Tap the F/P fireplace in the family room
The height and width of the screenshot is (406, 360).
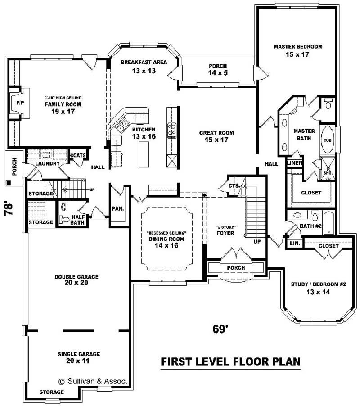coord(19,103)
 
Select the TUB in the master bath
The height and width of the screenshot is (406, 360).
coord(327,140)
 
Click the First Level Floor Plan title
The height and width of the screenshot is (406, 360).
coord(230,362)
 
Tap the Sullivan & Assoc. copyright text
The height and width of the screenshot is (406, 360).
coord(93,381)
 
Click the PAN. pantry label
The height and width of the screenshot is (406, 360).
coord(117,209)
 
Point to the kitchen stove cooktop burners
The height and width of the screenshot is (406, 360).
coord(172,130)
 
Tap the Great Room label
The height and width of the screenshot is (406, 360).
coord(216,133)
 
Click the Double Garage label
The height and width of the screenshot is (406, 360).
coord(76,277)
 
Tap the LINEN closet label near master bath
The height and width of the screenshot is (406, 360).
coord(294,162)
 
